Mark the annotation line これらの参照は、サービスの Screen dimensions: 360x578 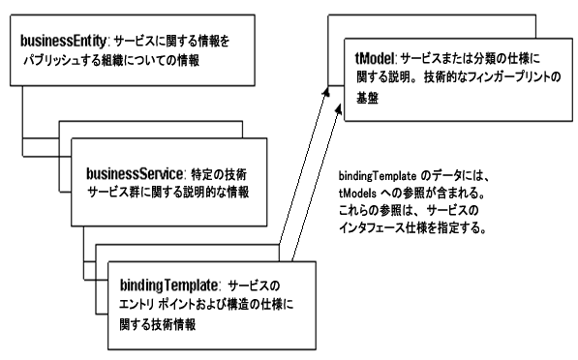tap(407, 212)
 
